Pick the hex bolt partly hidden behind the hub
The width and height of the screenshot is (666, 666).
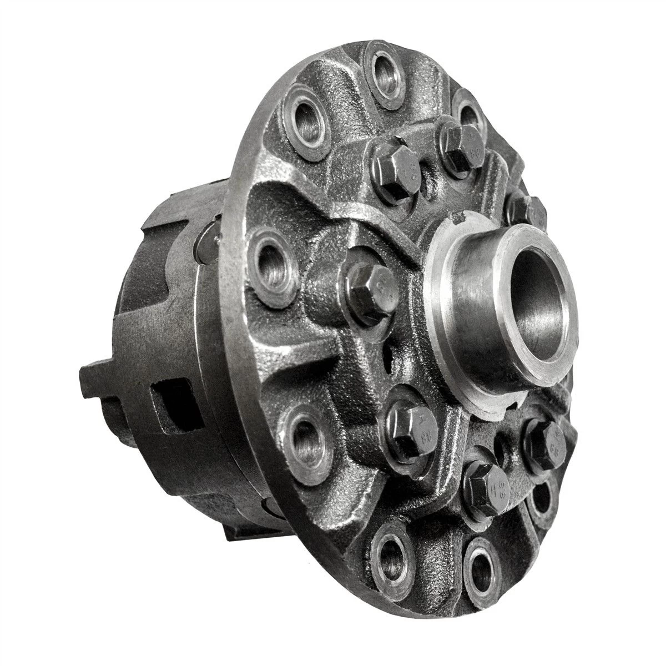524,208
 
